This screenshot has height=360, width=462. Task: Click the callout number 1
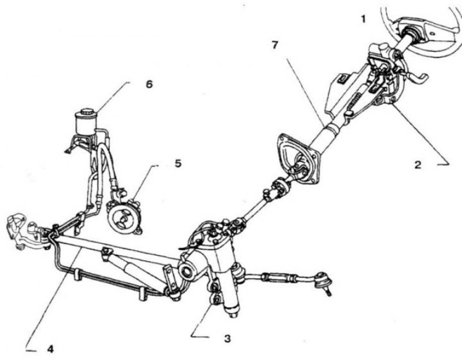coord(363,20)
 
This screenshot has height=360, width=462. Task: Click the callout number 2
coord(418,165)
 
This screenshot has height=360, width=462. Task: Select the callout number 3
coord(227,339)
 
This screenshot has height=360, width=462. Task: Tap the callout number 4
coord(50,349)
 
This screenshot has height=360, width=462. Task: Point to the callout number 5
coord(178,163)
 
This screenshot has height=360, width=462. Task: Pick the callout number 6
coord(150,84)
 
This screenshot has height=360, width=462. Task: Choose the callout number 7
coord(275,45)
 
